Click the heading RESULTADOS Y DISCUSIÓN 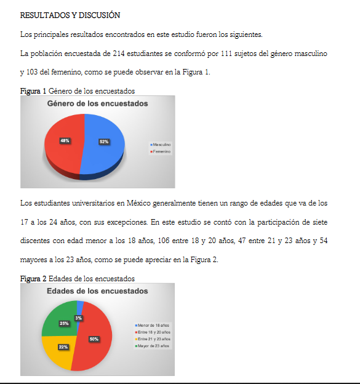click(x=70, y=15)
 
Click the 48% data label click(x=65, y=141)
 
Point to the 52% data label click(x=104, y=142)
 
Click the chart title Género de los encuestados click(x=97, y=104)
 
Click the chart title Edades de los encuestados click(x=97, y=291)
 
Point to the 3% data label click(x=78, y=318)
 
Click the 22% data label click(x=63, y=347)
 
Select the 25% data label click(x=64, y=323)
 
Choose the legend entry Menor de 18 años click(x=154, y=325)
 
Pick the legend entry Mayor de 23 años click(x=154, y=346)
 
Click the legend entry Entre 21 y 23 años click(x=154, y=339)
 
